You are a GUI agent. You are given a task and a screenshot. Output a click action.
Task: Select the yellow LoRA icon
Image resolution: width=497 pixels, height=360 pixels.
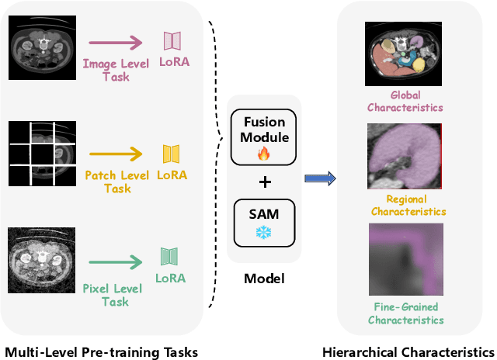pos(172,154)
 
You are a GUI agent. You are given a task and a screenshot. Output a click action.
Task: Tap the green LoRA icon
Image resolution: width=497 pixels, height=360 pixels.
pos(172,257)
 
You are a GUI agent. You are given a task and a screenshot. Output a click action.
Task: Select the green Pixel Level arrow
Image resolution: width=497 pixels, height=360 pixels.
pos(116,261)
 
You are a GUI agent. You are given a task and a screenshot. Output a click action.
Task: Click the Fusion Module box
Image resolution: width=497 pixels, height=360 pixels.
pos(265,136)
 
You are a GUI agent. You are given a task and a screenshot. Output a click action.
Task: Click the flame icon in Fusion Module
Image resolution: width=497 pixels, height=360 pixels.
pos(265,154)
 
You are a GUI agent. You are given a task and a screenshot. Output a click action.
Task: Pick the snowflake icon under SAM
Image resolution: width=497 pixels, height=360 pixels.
pos(265,232)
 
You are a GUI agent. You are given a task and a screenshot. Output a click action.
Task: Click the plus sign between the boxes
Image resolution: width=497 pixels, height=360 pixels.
pos(265,182)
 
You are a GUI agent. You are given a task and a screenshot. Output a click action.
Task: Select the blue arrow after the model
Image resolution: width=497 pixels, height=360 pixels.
pos(319,180)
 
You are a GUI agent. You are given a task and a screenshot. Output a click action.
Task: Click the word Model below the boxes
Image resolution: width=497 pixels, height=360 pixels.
pos(265,279)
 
